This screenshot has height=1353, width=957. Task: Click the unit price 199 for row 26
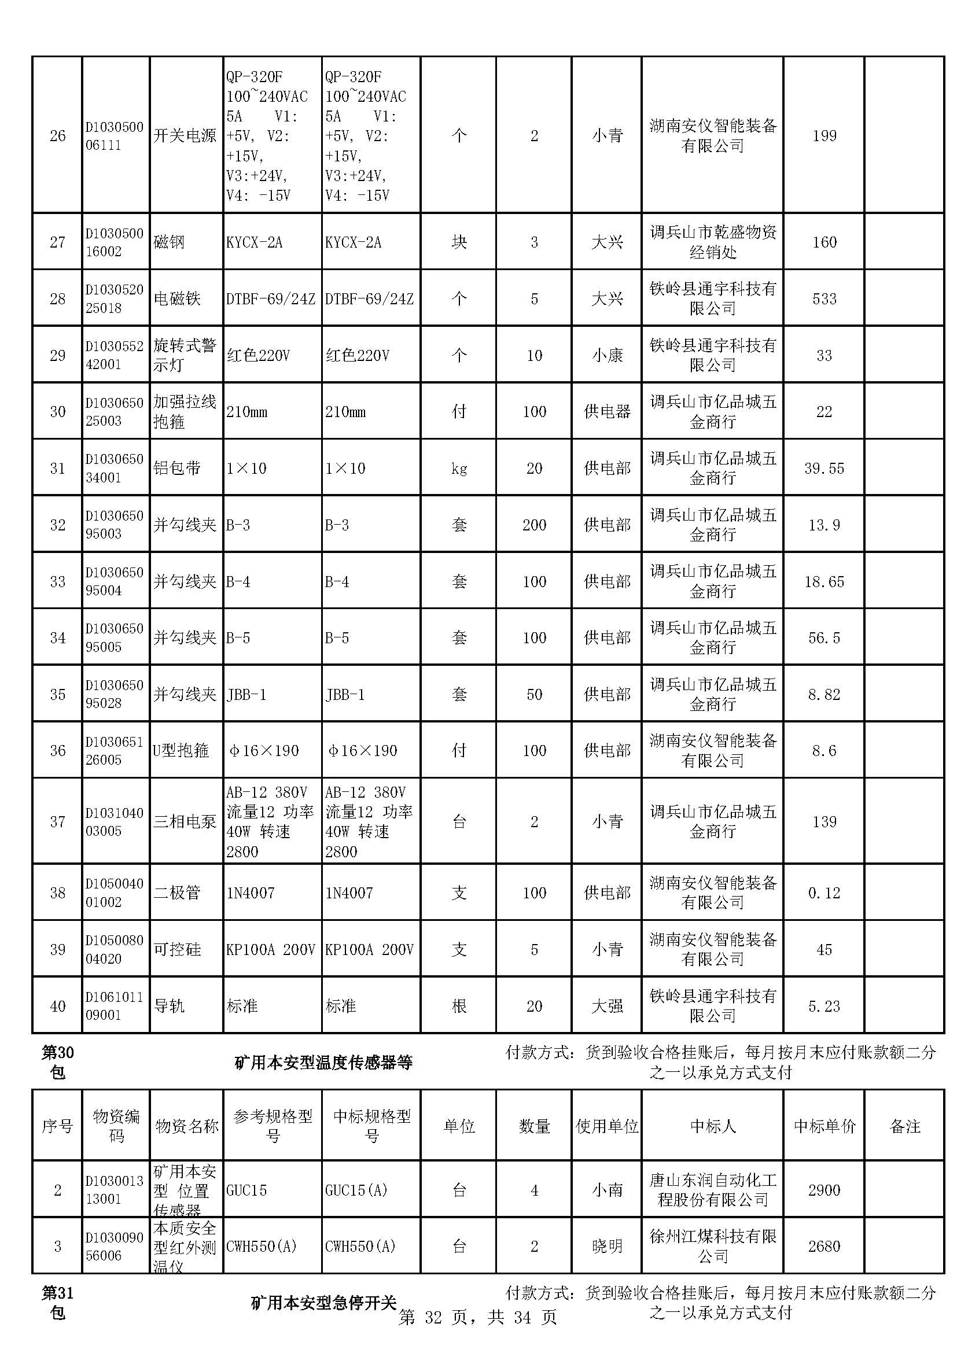coord(824,136)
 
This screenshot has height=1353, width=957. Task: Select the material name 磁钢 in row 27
coord(169,242)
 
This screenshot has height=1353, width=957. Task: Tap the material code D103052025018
coord(115,298)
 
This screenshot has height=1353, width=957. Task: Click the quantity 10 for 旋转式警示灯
coord(534,355)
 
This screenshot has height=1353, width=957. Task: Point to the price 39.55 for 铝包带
coord(824,469)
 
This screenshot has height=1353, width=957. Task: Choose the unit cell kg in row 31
coord(458,469)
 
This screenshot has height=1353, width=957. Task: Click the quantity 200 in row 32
coord(534,525)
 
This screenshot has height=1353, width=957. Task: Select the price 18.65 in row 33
coord(824,581)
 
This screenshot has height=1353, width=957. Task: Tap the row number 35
coord(57,694)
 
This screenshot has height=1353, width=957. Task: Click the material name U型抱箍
coord(181,750)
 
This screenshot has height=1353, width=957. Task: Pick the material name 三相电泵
coord(185,821)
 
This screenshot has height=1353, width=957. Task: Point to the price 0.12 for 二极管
coord(824,893)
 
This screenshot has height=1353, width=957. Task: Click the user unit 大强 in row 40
coord(607,1006)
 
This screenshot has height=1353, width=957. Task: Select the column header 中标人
coord(713,1126)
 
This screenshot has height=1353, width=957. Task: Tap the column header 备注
coord(904,1126)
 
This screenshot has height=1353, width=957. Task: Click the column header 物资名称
coord(187,1126)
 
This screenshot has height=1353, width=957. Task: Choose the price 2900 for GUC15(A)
coord(824,1190)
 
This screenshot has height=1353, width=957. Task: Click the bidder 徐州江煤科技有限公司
coord(713,1246)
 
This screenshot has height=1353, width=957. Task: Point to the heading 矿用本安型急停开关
coord(323,1302)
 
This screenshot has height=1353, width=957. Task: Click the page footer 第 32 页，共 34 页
coord(477,1317)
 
